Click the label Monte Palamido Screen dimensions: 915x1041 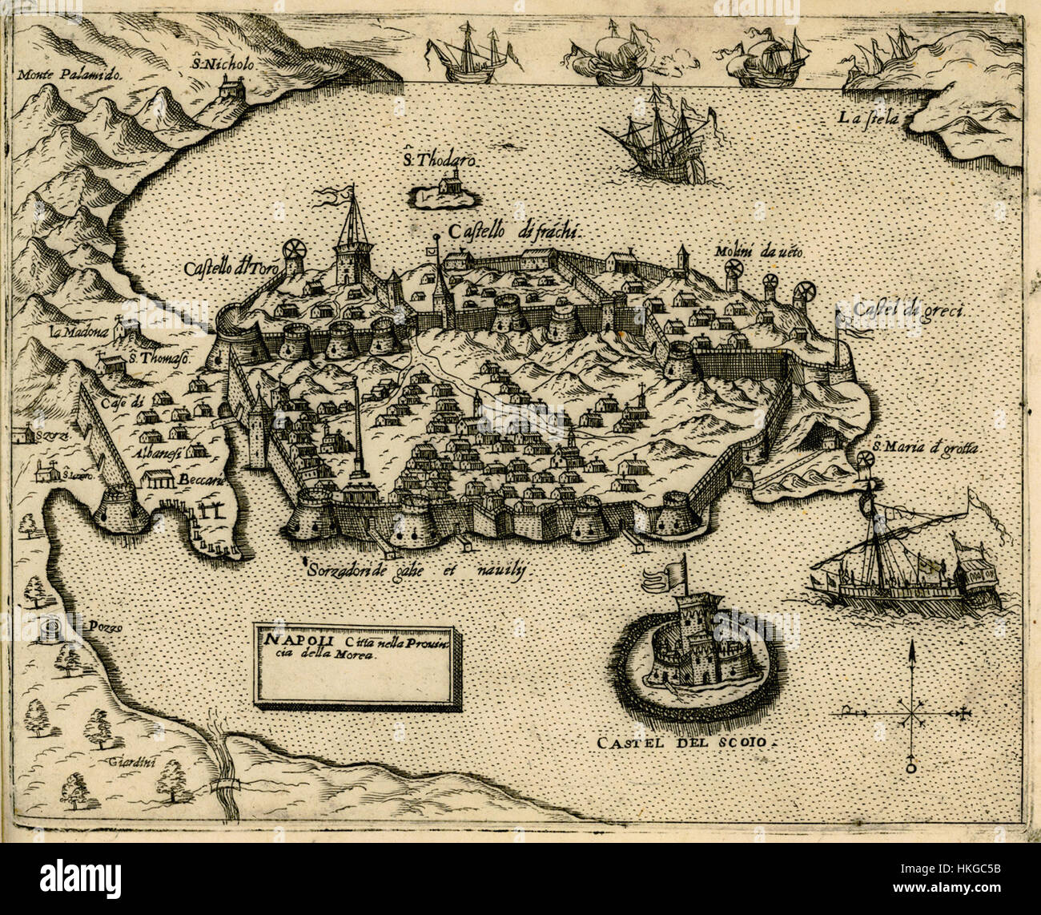[x=68, y=76]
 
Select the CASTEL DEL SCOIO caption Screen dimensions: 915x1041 [x=686, y=743]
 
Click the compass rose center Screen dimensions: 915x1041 [x=910, y=710]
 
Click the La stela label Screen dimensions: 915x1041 [x=870, y=119]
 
